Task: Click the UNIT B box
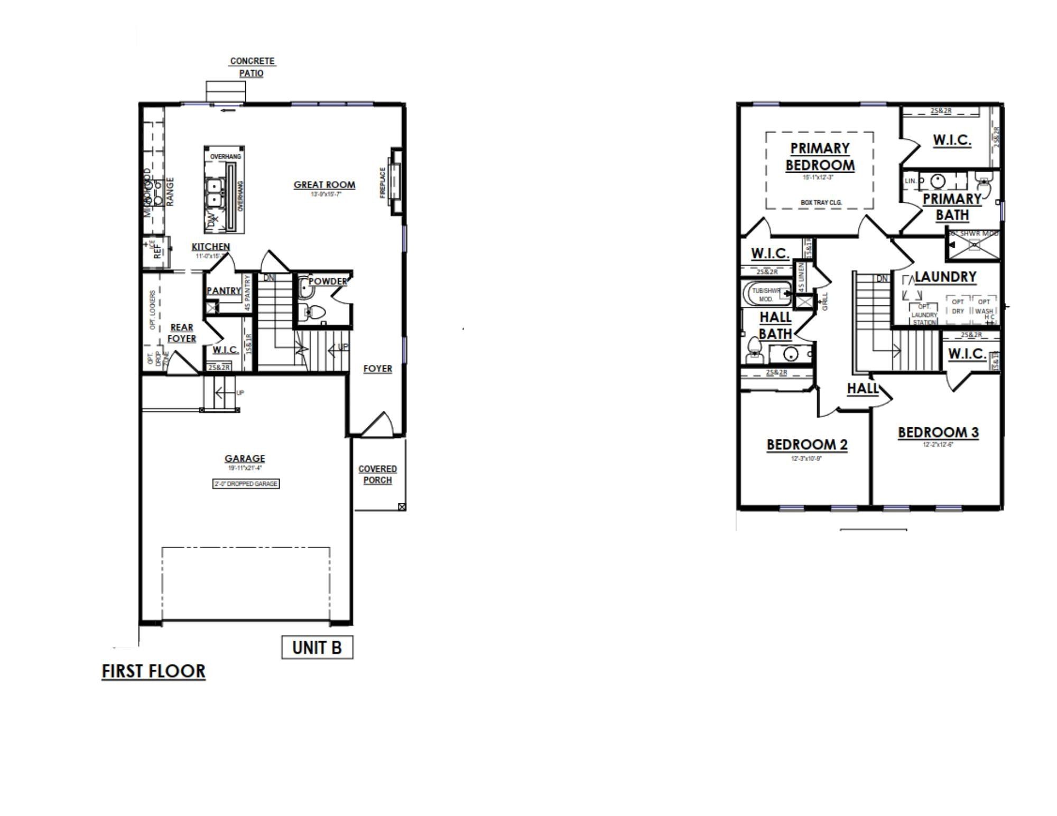[x=317, y=647]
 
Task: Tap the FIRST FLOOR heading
[x=153, y=671]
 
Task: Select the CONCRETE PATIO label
[x=252, y=67]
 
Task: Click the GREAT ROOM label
[x=324, y=185]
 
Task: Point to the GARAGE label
[x=245, y=458]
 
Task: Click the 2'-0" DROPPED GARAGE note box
[x=246, y=484]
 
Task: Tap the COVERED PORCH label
[x=377, y=474]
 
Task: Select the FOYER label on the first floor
[x=377, y=369]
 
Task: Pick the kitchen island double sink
[x=215, y=193]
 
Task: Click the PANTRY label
[x=224, y=290]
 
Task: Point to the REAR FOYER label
[x=181, y=333]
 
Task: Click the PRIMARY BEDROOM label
[x=820, y=156]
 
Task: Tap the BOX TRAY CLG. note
[x=821, y=202]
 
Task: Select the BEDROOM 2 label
[x=807, y=445]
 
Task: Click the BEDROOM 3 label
[x=938, y=433]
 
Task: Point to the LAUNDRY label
[x=945, y=277]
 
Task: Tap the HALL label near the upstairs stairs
[x=862, y=389]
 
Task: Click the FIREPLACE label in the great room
[x=383, y=183]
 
